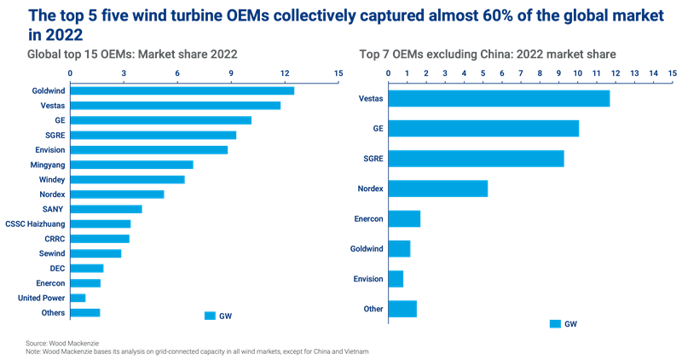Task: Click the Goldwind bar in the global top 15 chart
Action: point(182,90)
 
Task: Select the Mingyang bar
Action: point(131,165)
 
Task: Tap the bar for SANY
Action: point(106,209)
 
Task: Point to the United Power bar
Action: point(78,298)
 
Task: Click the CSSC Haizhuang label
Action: point(42,224)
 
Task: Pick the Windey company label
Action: point(53,179)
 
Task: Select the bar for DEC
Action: point(86,268)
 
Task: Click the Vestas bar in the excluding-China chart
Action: point(499,98)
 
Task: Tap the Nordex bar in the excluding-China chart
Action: point(438,189)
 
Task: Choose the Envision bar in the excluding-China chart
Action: point(396,279)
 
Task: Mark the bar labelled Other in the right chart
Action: point(402,309)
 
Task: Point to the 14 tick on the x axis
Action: point(654,73)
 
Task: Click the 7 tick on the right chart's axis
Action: point(521,73)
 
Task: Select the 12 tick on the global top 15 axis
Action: point(285,73)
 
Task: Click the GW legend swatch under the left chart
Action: point(210,316)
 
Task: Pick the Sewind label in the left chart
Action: point(52,253)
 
